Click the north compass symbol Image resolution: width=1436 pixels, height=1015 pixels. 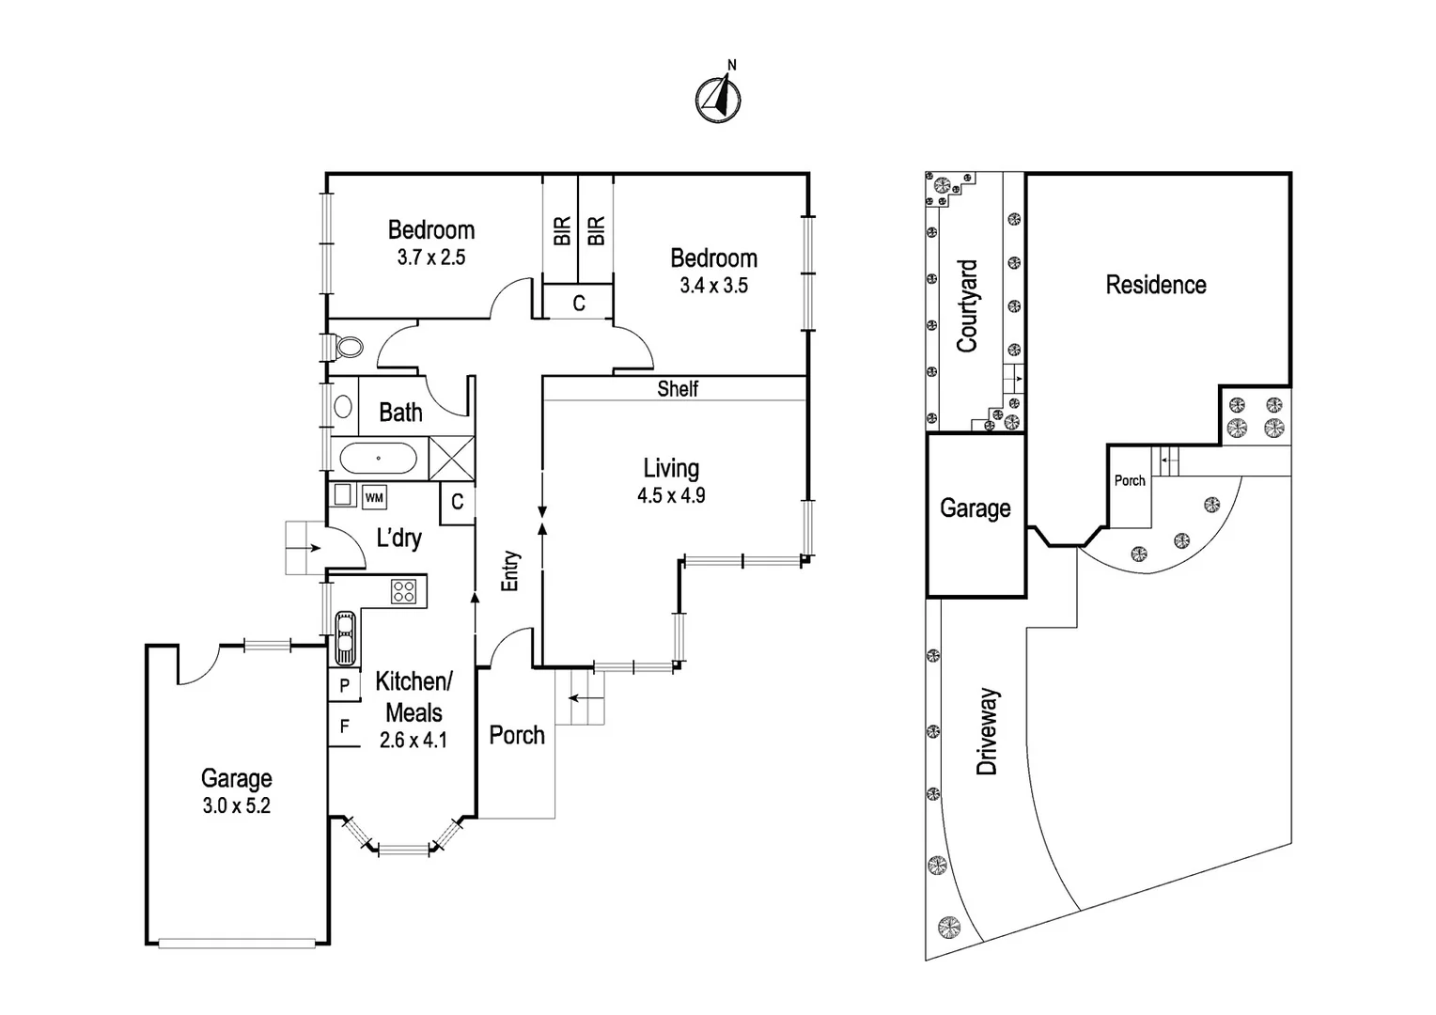(719, 98)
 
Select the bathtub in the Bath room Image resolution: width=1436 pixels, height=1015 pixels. (378, 459)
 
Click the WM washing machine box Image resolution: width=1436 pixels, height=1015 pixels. (374, 497)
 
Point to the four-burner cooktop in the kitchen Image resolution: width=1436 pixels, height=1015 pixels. (403, 591)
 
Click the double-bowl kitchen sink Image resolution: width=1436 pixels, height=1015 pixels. (345, 638)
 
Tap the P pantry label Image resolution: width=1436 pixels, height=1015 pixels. (344, 685)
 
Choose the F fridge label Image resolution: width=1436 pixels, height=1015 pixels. (345, 726)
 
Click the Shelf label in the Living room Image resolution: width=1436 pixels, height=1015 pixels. (678, 388)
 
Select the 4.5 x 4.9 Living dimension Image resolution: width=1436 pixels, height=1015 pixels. (671, 495)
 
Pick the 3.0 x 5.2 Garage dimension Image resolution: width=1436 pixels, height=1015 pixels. (237, 805)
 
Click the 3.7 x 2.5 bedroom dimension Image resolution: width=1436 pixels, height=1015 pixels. (431, 258)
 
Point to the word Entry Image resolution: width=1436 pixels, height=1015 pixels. (509, 570)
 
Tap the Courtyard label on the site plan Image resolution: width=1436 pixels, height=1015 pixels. (967, 305)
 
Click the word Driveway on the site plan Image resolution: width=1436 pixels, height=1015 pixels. (987, 731)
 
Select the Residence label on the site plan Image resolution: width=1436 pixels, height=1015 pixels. (1156, 285)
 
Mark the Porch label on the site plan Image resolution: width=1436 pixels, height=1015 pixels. (1130, 480)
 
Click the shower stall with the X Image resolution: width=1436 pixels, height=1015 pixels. (451, 458)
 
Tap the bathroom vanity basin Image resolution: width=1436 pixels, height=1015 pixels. (343, 407)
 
